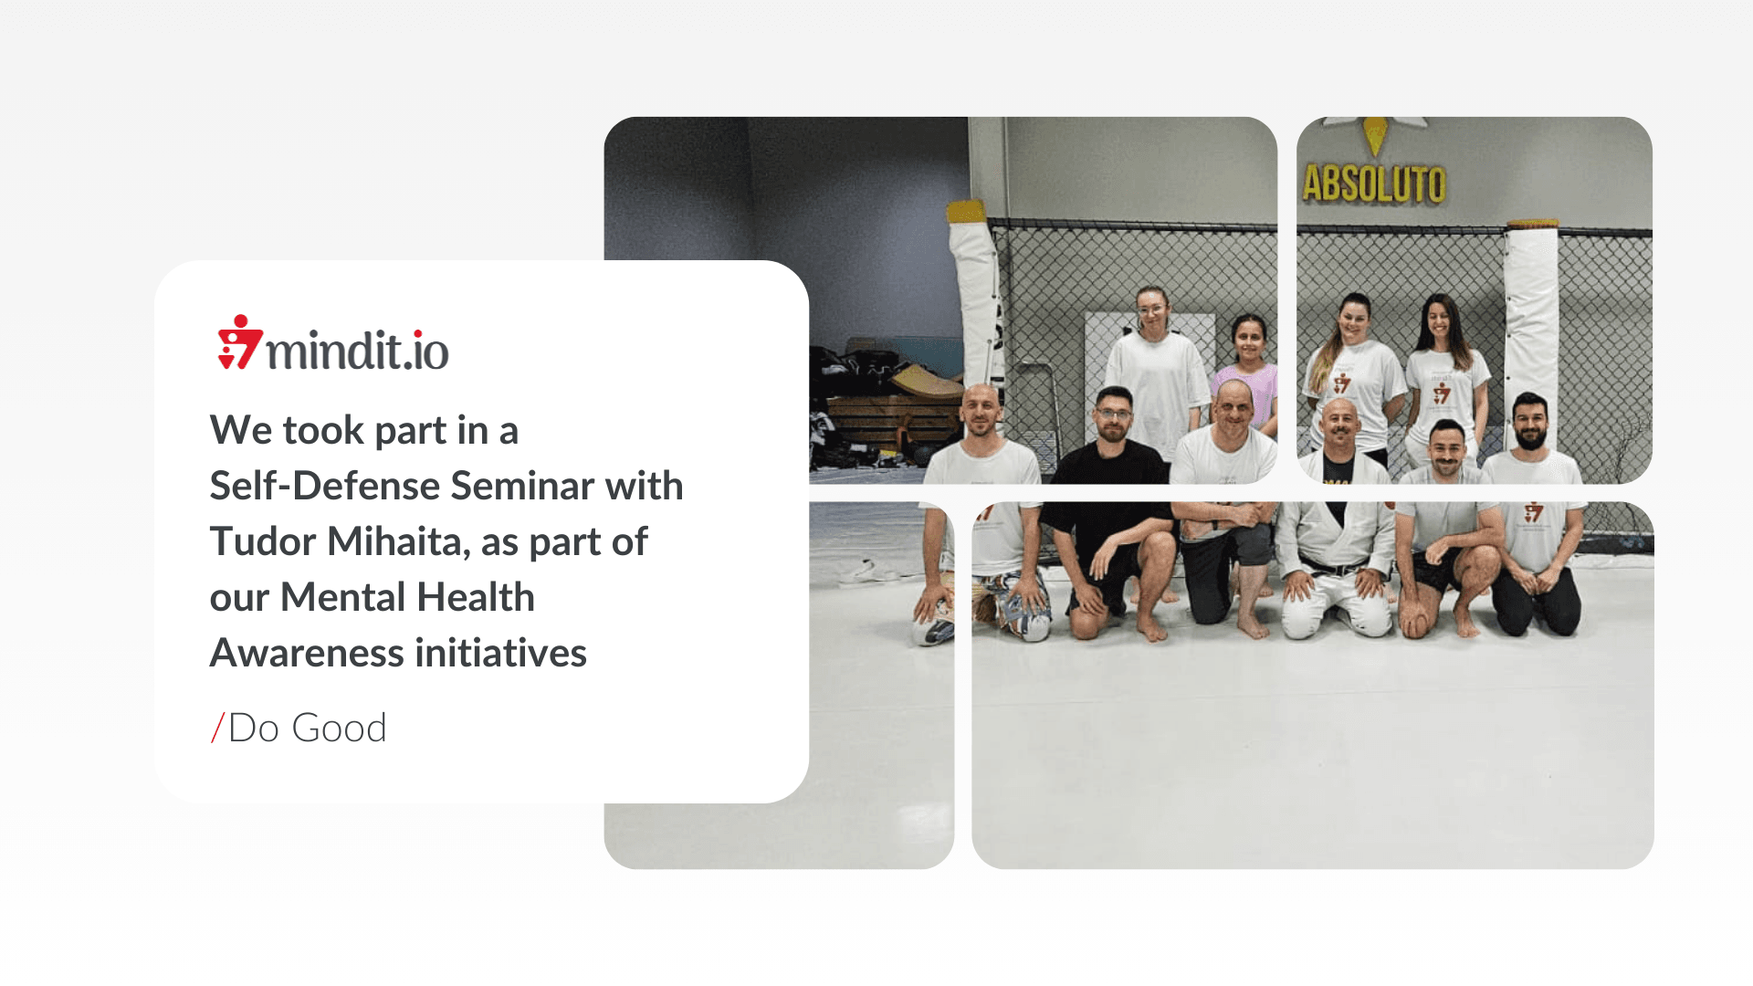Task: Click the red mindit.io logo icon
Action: pos(240,342)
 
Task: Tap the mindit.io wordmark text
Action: pos(357,350)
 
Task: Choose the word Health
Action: pos(477,597)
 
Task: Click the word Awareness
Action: pos(307,653)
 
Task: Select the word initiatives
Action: pos(501,653)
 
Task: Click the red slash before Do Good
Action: pos(217,728)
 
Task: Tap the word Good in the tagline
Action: pos(340,728)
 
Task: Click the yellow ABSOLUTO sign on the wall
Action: pos(1374,184)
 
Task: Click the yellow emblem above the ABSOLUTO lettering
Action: pos(1375,136)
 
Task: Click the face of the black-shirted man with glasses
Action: pos(1113,417)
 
